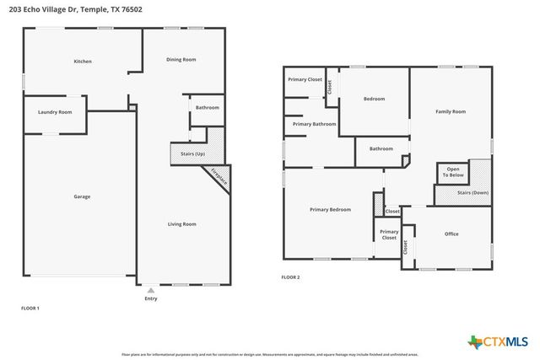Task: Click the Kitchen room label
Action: click(x=83, y=62)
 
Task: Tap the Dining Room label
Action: click(x=181, y=59)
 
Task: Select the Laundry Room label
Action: click(x=55, y=112)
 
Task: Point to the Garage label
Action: click(x=82, y=196)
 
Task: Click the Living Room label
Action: click(x=181, y=223)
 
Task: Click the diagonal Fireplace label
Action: click(x=219, y=176)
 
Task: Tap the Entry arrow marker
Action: click(x=151, y=290)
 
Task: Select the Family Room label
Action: click(x=450, y=111)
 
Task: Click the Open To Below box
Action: click(x=453, y=172)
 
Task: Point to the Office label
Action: click(x=451, y=234)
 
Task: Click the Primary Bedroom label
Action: click(x=330, y=209)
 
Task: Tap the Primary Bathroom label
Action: click(x=314, y=124)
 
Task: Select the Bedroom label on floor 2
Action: click(x=374, y=99)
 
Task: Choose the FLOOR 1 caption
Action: click(x=30, y=308)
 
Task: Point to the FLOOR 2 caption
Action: click(x=290, y=277)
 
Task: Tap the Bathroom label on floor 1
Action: click(x=208, y=108)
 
